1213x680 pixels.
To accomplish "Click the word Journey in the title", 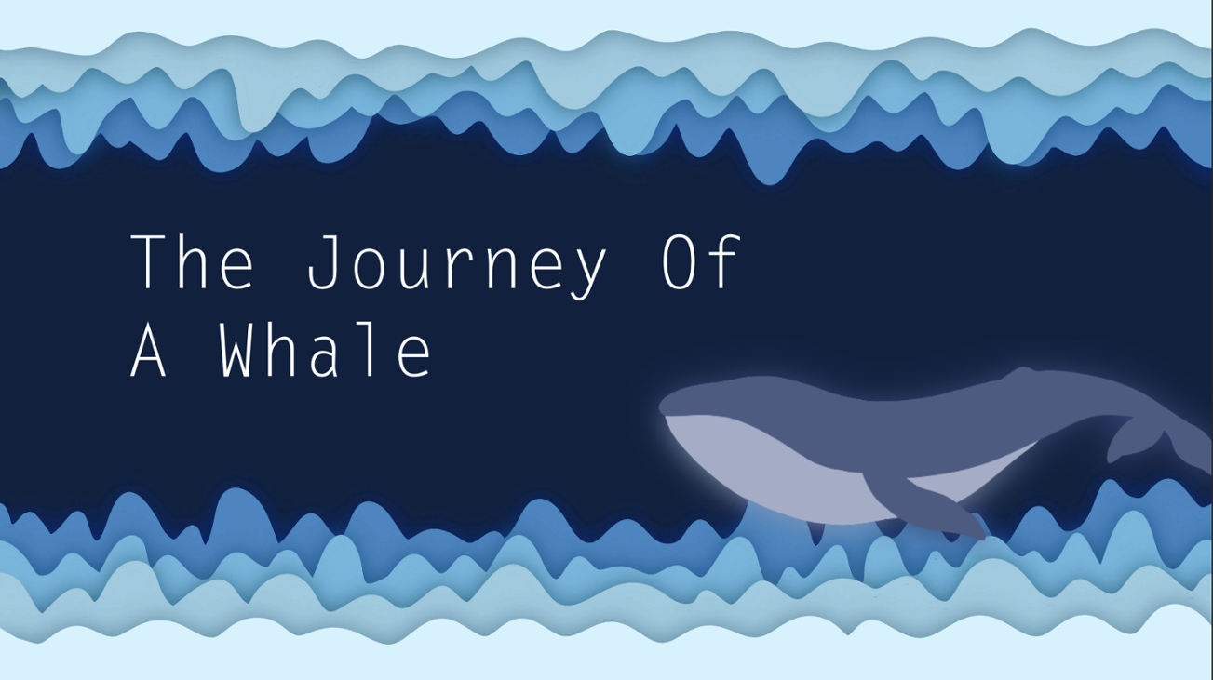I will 456,263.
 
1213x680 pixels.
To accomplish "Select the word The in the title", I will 193,263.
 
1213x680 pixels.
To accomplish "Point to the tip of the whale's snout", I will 664,407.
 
